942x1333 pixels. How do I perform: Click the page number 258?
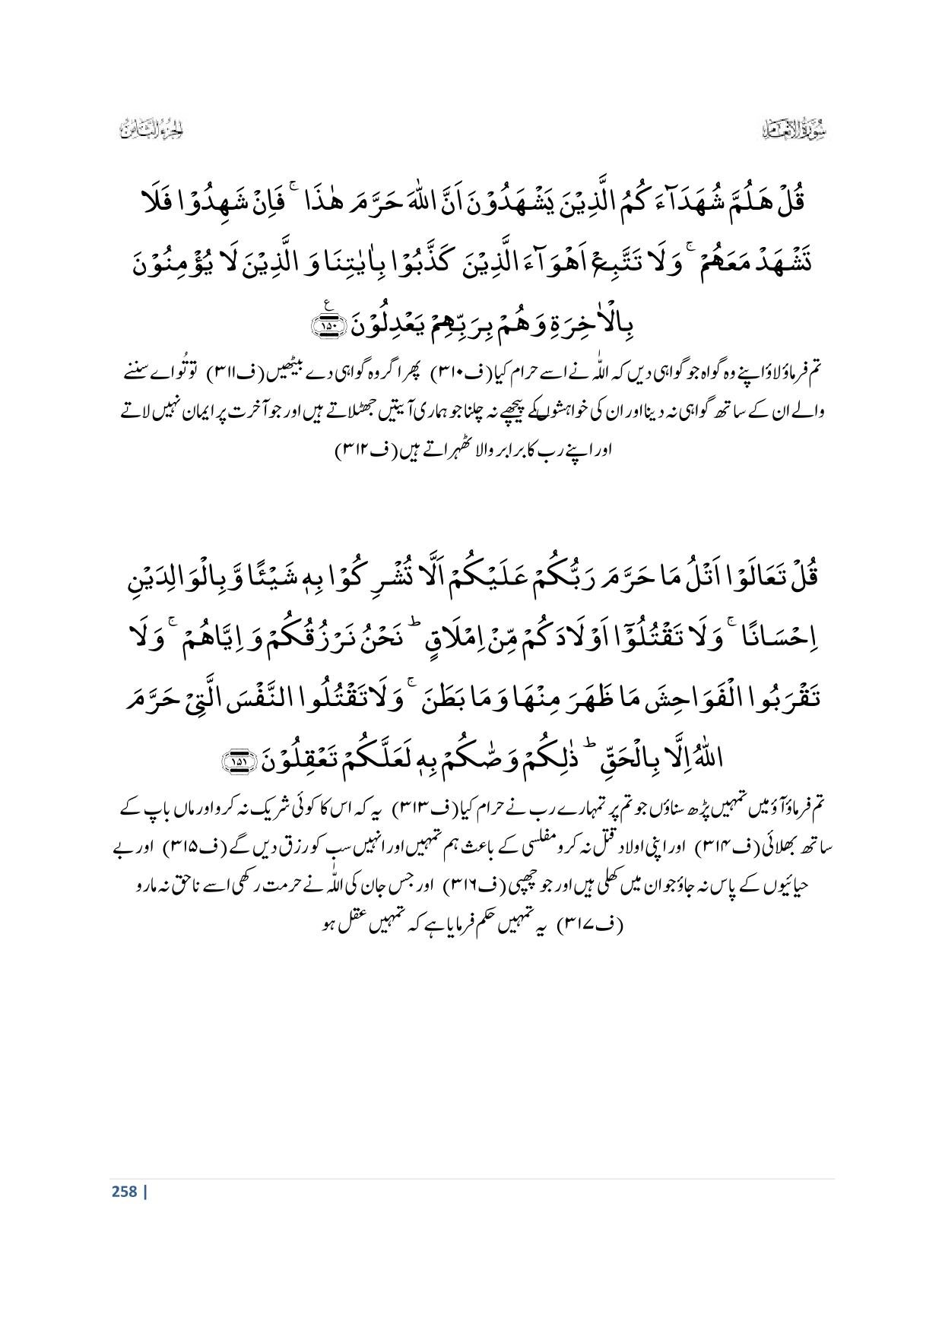coord(123,1191)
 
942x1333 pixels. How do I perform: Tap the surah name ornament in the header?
coord(795,130)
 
